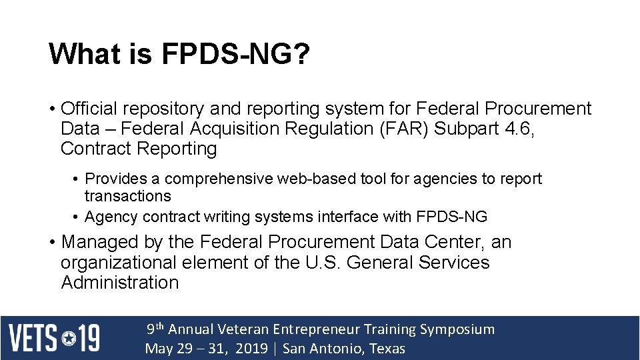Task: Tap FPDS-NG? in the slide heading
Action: click(235, 55)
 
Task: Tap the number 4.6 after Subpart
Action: click(519, 129)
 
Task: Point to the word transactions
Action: click(127, 196)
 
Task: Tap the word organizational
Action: click(119, 262)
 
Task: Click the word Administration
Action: click(120, 283)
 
